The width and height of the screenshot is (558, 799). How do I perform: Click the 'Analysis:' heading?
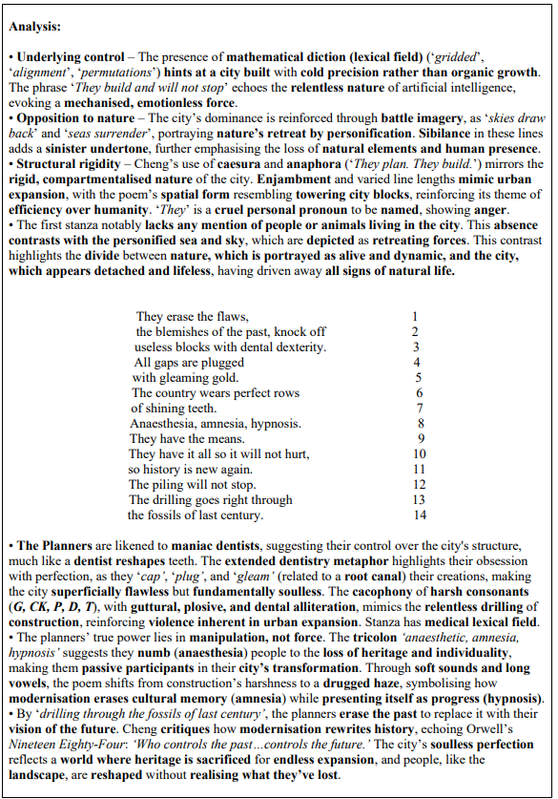(35, 27)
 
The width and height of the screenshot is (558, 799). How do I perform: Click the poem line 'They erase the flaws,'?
(193, 316)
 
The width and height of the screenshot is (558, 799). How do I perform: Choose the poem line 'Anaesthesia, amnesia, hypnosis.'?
(216, 423)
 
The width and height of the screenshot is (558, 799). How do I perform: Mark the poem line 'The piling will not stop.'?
(189, 484)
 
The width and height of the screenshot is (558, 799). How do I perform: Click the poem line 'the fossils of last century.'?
(195, 515)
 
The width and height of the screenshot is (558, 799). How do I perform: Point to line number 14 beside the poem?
(419, 515)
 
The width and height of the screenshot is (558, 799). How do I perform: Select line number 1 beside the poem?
(415, 316)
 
